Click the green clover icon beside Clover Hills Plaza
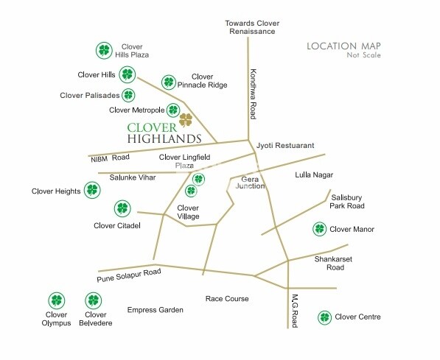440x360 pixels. coord(105,51)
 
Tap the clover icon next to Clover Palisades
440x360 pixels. coord(129,95)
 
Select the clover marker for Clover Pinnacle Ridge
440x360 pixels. coord(169,82)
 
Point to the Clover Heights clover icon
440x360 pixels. coord(91,191)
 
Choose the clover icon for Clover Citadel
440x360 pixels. coord(122,208)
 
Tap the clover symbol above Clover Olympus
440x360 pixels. coord(56,300)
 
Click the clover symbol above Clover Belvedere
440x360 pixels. coord(93,300)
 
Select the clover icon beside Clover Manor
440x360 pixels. coord(319,229)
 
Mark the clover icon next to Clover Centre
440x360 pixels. coord(324,317)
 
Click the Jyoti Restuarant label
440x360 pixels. coord(285,146)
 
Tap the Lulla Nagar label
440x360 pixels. coord(314,174)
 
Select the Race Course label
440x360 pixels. coord(227,299)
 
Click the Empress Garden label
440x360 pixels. coord(155,310)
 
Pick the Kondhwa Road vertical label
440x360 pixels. coord(253,94)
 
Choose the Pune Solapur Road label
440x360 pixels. coord(129,275)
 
